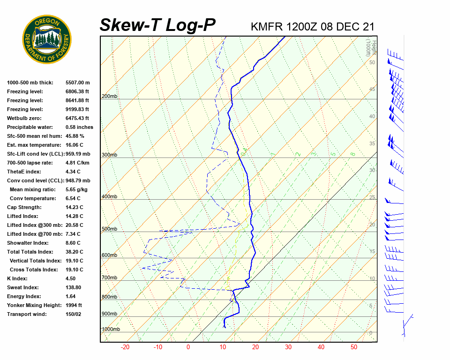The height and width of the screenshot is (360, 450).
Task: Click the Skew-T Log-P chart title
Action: [x=158, y=25]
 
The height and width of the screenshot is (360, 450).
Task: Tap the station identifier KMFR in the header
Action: [x=267, y=27]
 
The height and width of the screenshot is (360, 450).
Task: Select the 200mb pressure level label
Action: [x=109, y=97]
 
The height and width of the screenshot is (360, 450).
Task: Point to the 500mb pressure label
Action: [x=109, y=229]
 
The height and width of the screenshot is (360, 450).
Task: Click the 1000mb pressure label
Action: [x=111, y=330]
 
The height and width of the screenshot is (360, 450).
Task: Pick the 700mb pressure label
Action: [x=109, y=278]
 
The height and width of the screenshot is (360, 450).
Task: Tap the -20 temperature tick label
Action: [x=125, y=347]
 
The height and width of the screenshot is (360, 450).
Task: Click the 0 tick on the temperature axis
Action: [x=188, y=347]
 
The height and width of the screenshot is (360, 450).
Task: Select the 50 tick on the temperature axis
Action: [x=354, y=347]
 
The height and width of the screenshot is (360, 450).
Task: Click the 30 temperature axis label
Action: [x=288, y=347]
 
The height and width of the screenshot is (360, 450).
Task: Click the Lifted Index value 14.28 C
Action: [x=74, y=216]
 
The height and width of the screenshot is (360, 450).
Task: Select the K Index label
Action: [x=18, y=278]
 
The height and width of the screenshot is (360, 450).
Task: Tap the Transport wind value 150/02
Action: [x=74, y=314]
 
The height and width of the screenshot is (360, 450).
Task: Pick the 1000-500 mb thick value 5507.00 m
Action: [x=77, y=82]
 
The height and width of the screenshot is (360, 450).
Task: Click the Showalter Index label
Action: [x=28, y=243]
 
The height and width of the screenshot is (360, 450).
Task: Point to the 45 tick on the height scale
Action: [x=372, y=90]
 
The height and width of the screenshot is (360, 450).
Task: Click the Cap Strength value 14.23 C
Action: [x=74, y=207]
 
